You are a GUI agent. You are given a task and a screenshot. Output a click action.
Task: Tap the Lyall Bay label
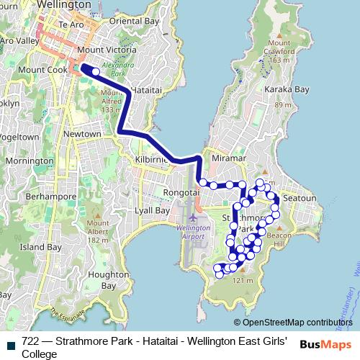(153, 211)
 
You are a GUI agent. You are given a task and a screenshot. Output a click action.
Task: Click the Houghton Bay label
(99, 280)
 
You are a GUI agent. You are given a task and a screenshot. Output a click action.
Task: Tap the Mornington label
(29, 161)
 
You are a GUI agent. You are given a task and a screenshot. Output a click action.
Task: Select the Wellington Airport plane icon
(192, 217)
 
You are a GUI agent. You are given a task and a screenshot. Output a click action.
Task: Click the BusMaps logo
(326, 344)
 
